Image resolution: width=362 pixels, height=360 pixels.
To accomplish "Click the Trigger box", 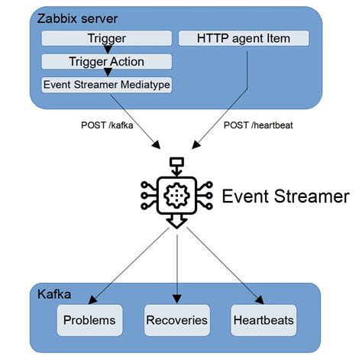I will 107,37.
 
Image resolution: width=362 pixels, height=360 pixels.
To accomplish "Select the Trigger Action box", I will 107,61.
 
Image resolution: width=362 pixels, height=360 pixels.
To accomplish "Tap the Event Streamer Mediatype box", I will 107,85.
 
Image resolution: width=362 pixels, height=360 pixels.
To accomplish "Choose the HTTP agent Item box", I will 244,37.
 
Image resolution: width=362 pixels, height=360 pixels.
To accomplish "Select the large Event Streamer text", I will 285,196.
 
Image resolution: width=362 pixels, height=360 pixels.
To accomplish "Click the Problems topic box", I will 90,319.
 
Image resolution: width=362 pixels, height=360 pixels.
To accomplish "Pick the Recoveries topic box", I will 176,319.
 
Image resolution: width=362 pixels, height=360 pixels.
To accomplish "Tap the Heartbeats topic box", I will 263,319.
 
